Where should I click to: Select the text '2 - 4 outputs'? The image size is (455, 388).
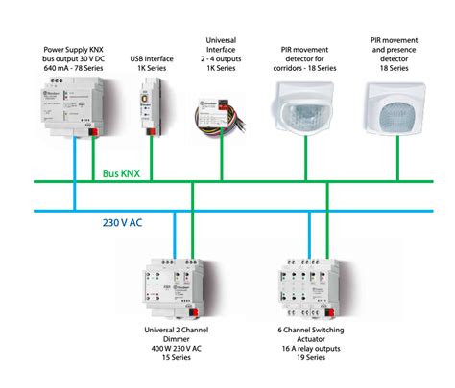pyautogui.click(x=221, y=60)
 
